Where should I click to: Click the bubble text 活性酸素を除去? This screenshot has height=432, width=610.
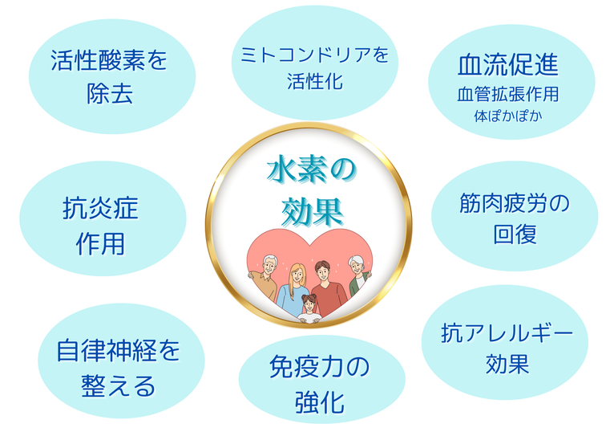(109, 77)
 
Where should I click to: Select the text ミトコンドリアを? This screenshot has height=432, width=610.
(315, 55)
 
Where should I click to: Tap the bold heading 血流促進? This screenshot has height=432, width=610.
(508, 65)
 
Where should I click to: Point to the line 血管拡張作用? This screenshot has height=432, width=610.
(508, 94)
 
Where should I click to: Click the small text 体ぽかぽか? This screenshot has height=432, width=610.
(508, 116)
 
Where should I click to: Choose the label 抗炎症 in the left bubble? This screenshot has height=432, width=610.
(100, 209)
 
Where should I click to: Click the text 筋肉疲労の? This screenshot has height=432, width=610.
(515, 203)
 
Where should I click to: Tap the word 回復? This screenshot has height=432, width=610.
(515, 234)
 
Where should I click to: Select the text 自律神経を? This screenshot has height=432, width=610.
(119, 350)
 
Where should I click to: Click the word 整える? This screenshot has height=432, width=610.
(119, 385)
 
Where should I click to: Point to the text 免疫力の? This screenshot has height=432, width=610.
(319, 366)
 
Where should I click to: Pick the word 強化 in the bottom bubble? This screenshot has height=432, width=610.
(319, 402)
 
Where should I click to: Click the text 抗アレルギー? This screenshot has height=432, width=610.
(507, 333)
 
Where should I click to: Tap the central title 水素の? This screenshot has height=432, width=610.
(311, 170)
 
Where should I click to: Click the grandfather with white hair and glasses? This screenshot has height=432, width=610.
(264, 277)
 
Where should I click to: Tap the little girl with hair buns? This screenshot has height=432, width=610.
(309, 309)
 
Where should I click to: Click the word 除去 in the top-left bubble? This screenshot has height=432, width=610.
(110, 94)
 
